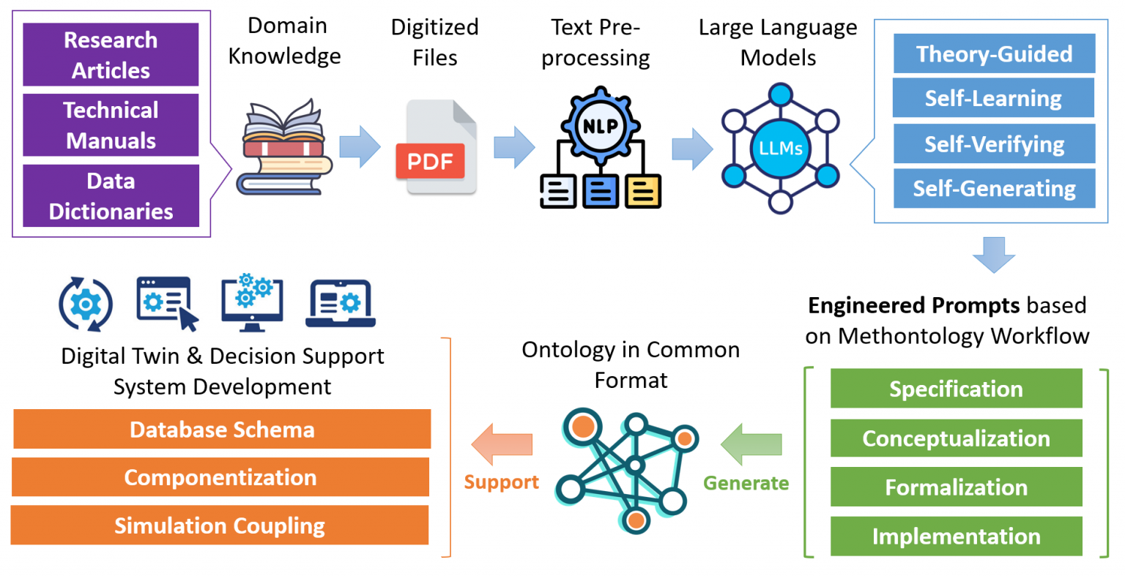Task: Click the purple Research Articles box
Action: coord(111,55)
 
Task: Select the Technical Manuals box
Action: coord(111,125)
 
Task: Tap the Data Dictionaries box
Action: coord(111,195)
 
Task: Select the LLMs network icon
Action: coord(780,149)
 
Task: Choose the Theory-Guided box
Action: coord(994,54)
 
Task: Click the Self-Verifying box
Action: coord(994,144)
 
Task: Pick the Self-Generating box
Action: coord(994,189)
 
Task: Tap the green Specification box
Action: coord(956,389)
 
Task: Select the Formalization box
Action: coord(956,487)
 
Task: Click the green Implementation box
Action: coord(956,536)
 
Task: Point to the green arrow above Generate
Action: coord(751,444)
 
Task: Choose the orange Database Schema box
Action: coord(222,430)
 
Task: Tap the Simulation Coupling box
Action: coord(220,525)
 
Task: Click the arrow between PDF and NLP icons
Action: coord(514,147)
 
